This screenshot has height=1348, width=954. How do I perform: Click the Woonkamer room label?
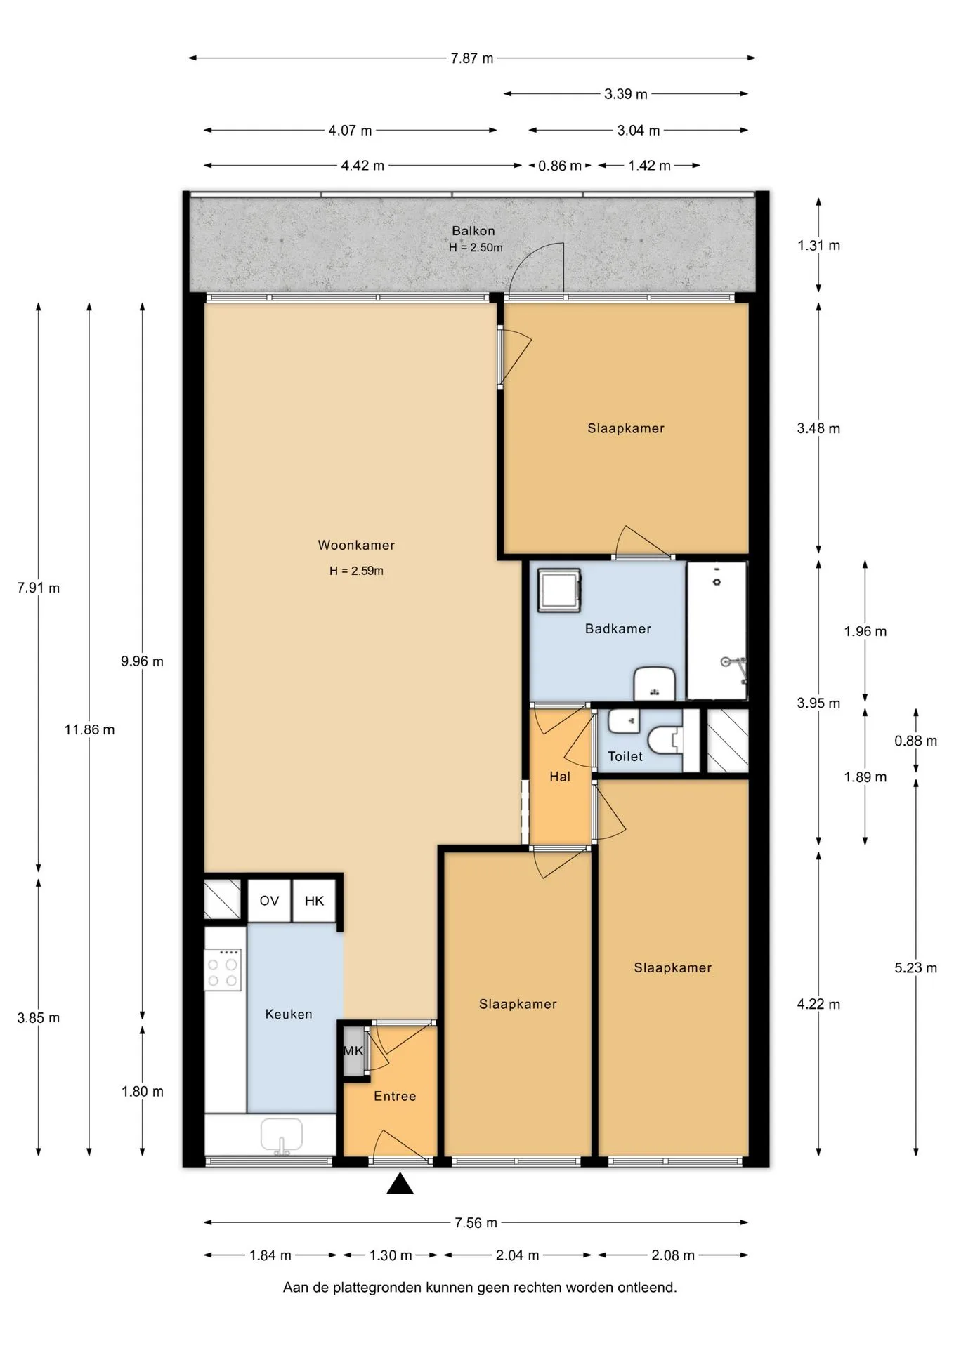(x=356, y=545)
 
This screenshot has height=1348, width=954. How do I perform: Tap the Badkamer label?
(x=618, y=629)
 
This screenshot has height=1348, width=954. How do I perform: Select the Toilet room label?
(x=625, y=756)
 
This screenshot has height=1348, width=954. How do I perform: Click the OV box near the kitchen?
(x=269, y=901)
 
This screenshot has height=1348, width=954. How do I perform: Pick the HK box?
(x=314, y=901)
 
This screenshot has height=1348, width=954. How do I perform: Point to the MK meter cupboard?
(x=353, y=1050)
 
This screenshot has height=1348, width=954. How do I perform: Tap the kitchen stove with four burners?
(x=223, y=969)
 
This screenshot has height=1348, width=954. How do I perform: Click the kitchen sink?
(x=281, y=1135)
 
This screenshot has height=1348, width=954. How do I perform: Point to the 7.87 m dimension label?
(x=472, y=58)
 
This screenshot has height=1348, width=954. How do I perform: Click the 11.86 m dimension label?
(x=89, y=729)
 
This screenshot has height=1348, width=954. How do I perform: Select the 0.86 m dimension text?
(x=560, y=166)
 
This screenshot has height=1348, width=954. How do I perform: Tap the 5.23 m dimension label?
(x=915, y=967)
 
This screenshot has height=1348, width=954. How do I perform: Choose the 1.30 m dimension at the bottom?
(x=391, y=1255)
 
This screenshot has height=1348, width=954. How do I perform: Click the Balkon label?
(x=473, y=231)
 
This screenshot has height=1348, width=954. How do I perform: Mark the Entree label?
(x=395, y=1096)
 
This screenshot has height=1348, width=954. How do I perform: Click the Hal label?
(x=560, y=777)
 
